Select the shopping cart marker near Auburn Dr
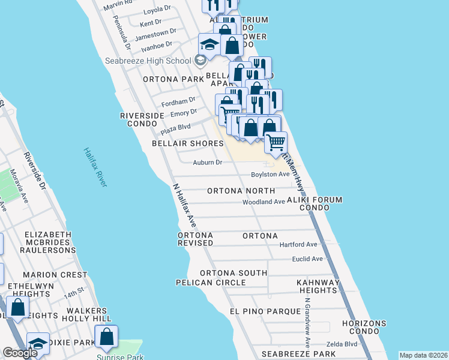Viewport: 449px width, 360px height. tap(276, 143)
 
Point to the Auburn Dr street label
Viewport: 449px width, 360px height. tap(208, 162)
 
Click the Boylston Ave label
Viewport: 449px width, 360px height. tap(270, 174)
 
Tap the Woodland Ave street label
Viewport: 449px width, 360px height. tap(263, 202)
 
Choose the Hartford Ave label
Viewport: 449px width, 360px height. tap(298, 244)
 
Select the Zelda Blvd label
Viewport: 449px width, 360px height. tap(342, 344)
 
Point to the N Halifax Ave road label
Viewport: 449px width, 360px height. tap(182, 205)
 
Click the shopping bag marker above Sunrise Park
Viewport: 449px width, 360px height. tap(106, 337)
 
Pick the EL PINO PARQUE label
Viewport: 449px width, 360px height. tap(265, 311)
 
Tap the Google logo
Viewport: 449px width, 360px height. tap(20, 353)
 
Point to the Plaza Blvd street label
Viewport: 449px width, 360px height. tap(175, 128)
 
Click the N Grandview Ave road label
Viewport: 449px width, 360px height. tap(307, 323)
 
